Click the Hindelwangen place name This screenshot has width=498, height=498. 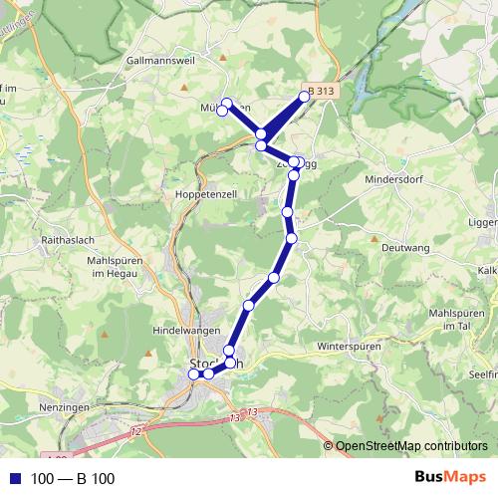tap(185, 328)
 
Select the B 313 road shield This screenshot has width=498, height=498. tap(321, 92)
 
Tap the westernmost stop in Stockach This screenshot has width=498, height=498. tap(194, 374)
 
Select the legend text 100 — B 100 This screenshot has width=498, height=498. tap(73, 478)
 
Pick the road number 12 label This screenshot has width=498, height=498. tap(135, 428)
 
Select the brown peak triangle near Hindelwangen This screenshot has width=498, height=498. tap(150, 353)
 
